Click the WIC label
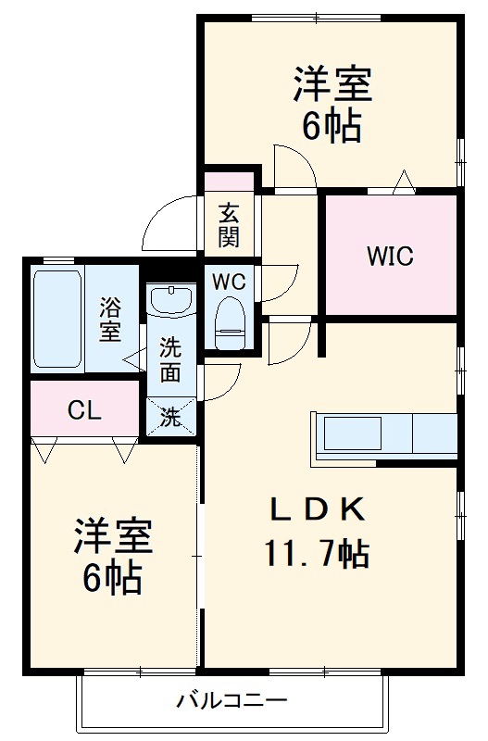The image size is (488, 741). click(x=389, y=255)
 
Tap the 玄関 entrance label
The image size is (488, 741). click(x=229, y=225)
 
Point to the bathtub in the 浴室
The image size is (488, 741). click(x=58, y=319)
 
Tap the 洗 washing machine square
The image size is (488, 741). click(x=171, y=417)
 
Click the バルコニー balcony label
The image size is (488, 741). click(x=232, y=700)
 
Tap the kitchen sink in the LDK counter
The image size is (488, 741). click(x=351, y=433)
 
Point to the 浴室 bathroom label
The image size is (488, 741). click(x=110, y=320)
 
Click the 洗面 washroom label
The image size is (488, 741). click(x=169, y=360)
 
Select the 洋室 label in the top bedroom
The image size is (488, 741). click(x=332, y=85)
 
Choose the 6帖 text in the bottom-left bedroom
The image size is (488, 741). click(x=111, y=579)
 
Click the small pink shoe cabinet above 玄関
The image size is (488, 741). click(x=229, y=182)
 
